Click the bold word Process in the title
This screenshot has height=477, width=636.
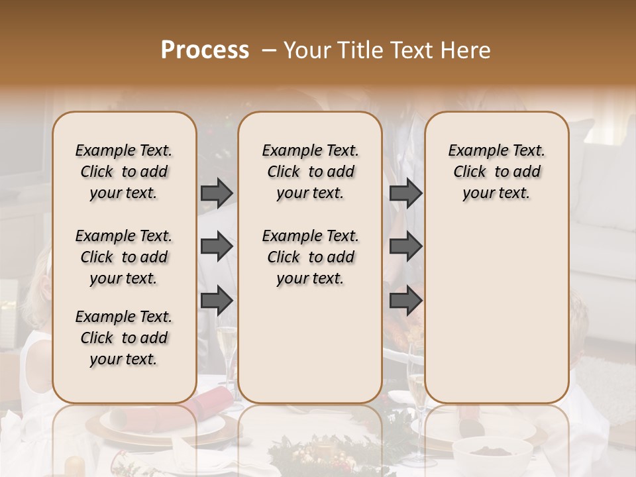[205, 50]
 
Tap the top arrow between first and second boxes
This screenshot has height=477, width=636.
[217, 193]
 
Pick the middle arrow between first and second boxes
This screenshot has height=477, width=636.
[217, 247]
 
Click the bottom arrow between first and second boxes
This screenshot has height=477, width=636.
[217, 300]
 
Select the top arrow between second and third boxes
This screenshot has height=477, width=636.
[405, 193]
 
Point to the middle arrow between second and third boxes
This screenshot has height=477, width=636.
[405, 247]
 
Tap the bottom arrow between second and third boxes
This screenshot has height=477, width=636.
[405, 300]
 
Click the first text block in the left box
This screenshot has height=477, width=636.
[124, 172]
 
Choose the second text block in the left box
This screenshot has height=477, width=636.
[124, 257]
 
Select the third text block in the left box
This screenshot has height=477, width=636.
[124, 338]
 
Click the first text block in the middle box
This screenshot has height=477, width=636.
[310, 172]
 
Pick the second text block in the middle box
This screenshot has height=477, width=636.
[310, 257]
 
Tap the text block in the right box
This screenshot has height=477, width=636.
[496, 172]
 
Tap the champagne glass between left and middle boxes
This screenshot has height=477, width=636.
[226, 351]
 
